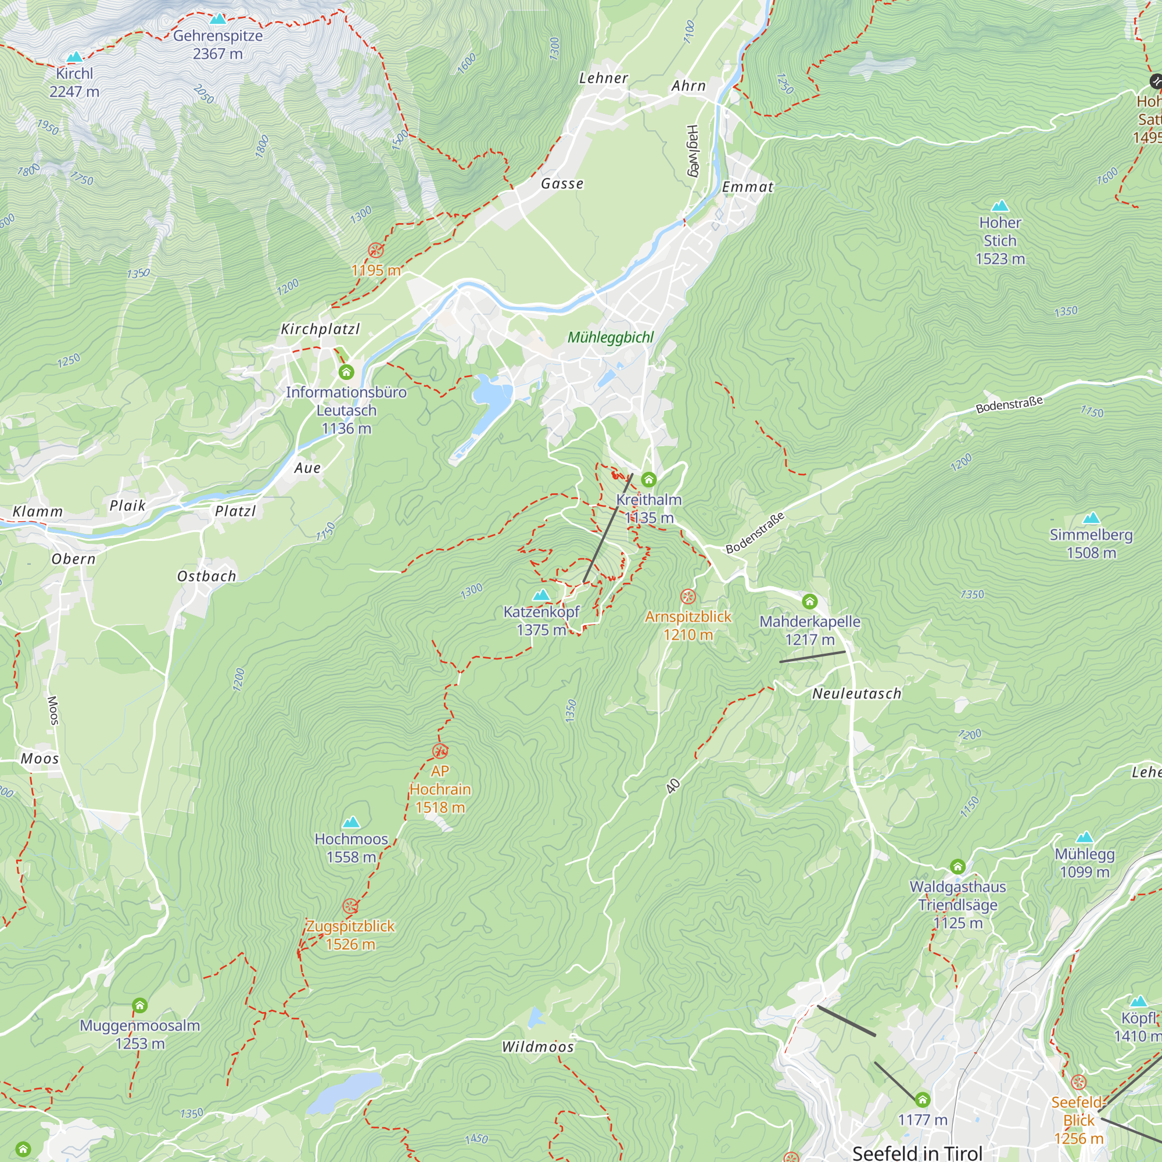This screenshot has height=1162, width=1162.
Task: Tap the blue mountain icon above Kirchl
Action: pyautogui.click(x=74, y=57)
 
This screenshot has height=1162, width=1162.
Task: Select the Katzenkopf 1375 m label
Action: pyautogui.click(x=541, y=620)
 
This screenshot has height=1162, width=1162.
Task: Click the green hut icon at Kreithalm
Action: pyautogui.click(x=648, y=479)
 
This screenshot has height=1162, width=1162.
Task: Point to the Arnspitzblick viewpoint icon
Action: pyautogui.click(x=688, y=597)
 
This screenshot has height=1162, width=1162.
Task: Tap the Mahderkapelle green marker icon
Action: pyautogui.click(x=809, y=601)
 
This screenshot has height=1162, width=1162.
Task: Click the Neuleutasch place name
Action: pyautogui.click(x=856, y=694)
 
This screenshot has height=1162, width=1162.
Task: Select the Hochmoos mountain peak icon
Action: pyautogui.click(x=352, y=822)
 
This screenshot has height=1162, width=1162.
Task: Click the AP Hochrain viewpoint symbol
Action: pyautogui.click(x=440, y=751)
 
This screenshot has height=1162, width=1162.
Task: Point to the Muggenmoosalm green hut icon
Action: pyautogui.click(x=139, y=1005)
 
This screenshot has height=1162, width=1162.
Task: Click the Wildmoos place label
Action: pyautogui.click(x=537, y=1047)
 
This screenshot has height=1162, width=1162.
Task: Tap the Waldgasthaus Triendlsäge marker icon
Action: pyautogui.click(x=957, y=867)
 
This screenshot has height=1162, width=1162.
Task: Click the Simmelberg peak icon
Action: pyautogui.click(x=1091, y=518)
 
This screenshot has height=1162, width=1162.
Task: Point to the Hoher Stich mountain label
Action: pyautogui.click(x=999, y=240)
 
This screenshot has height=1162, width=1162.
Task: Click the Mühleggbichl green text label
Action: pyautogui.click(x=610, y=338)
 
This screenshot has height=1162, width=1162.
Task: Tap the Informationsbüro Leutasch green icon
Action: pyautogui.click(x=346, y=372)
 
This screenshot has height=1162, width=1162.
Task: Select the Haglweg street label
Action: pyautogui.click(x=693, y=151)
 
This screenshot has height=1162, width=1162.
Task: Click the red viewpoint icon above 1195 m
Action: pyautogui.click(x=376, y=250)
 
